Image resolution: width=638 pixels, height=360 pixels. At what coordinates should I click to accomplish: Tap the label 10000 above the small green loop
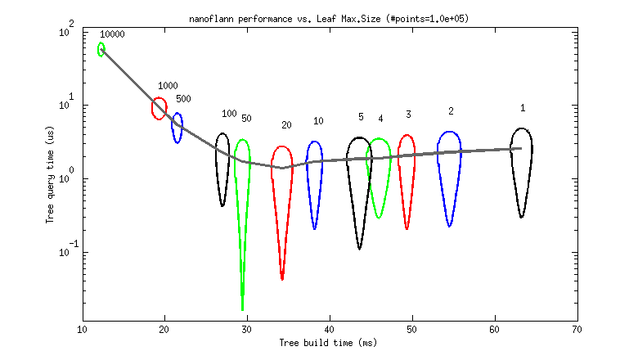click(x=112, y=34)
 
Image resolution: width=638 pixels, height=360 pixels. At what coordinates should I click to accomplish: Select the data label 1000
click(x=168, y=86)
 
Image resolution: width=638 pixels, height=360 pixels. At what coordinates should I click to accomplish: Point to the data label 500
click(x=183, y=99)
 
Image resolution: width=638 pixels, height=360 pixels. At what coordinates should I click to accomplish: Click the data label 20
click(x=286, y=125)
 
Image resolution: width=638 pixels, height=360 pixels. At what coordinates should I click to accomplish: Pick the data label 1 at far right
click(x=523, y=108)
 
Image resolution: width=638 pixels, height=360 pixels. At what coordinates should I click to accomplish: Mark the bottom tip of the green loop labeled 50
click(x=242, y=308)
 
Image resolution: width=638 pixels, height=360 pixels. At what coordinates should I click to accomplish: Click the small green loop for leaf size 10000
click(x=101, y=49)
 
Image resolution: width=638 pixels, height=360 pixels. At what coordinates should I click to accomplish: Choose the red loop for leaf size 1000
click(x=159, y=108)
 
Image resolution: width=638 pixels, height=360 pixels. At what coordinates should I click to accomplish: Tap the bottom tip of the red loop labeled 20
click(x=282, y=278)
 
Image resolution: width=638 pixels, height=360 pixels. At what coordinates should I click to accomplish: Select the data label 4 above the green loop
click(x=380, y=119)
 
